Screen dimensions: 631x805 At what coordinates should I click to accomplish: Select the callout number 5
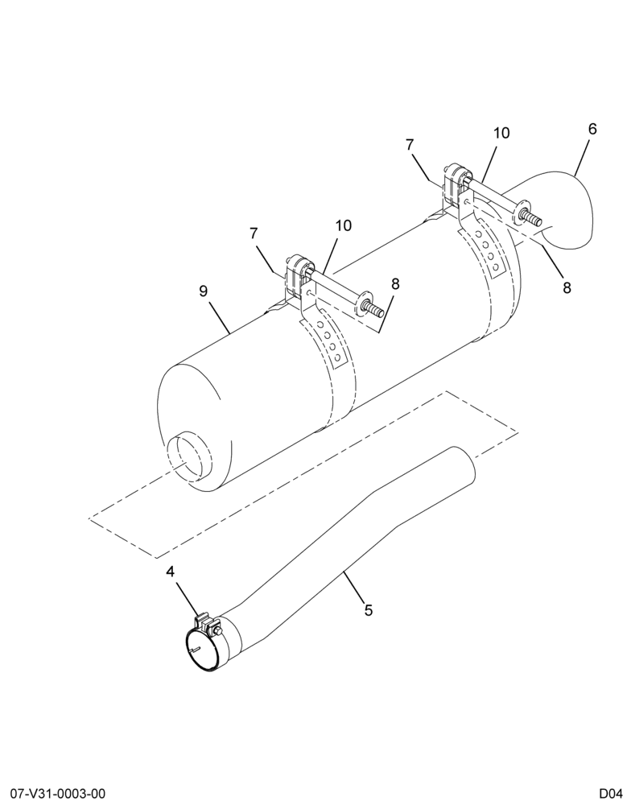coord(368,610)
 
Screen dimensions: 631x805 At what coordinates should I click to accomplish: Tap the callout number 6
coord(592,129)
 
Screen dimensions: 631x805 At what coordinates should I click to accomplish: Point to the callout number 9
coord(204,291)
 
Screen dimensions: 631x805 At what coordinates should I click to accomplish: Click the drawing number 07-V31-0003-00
coord(55,794)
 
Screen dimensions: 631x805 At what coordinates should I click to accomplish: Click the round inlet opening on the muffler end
coord(189,456)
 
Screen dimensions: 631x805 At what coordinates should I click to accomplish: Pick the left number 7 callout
coord(254,233)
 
